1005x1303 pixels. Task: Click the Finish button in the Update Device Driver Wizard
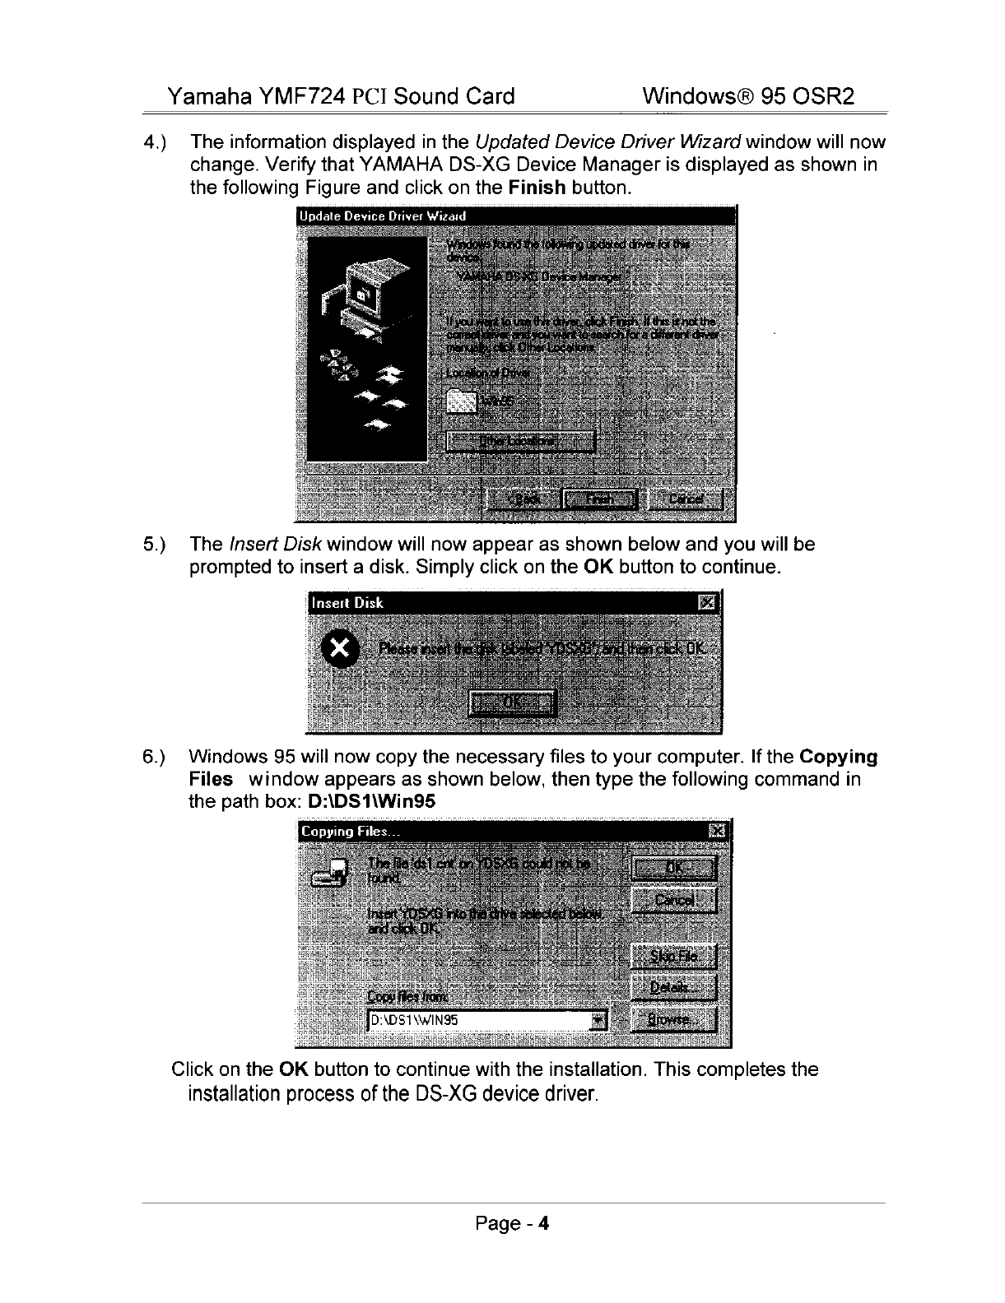(599, 499)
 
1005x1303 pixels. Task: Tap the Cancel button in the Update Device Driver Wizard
(686, 499)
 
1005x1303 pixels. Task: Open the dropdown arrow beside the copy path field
(598, 1021)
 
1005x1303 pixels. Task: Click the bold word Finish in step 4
(537, 187)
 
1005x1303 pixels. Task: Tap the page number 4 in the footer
(543, 1223)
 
